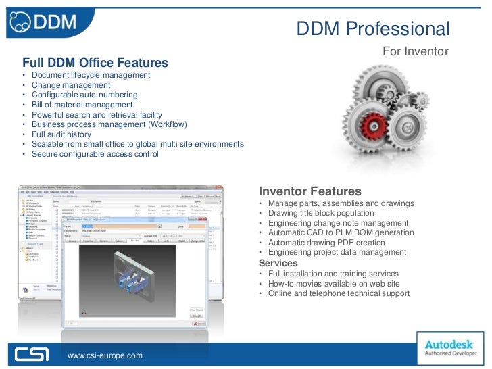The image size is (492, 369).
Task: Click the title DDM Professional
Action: click(x=372, y=28)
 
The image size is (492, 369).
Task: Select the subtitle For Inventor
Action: click(x=416, y=51)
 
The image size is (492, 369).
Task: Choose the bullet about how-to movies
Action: click(x=334, y=284)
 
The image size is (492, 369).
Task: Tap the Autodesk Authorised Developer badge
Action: click(x=450, y=345)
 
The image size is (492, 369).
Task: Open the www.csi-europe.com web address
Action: click(x=105, y=355)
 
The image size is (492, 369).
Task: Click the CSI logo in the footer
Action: click(x=33, y=353)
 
